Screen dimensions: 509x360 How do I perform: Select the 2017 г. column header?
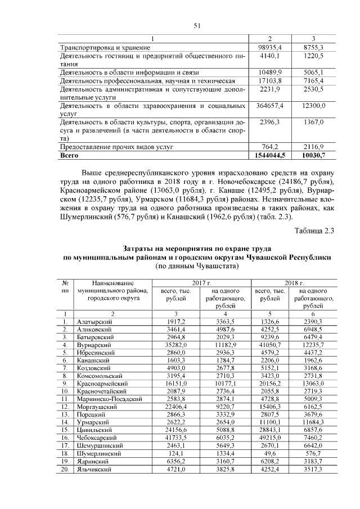pyautogui.click(x=201, y=282)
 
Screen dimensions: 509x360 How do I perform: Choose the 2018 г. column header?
pyautogui.click(x=294, y=282)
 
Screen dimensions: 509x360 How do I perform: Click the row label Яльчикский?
pyautogui.click(x=93, y=468)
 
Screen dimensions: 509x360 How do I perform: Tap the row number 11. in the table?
pyautogui.click(x=65, y=398)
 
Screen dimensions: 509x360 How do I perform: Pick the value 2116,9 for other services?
pyautogui.click(x=314, y=146)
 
